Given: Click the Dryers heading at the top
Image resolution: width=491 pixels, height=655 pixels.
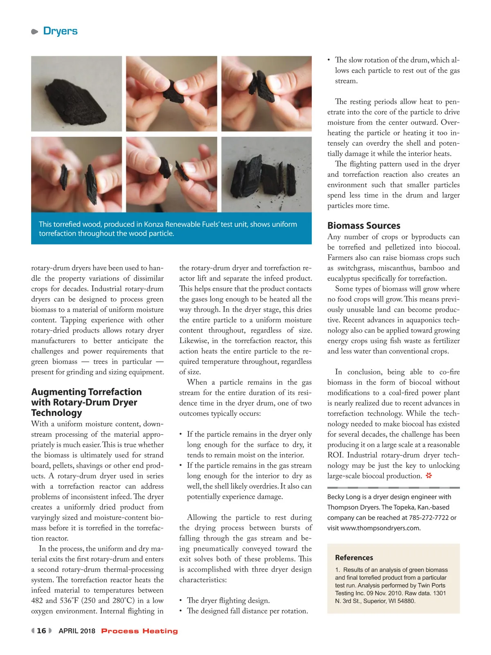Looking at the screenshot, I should pyautogui.click(x=60, y=31).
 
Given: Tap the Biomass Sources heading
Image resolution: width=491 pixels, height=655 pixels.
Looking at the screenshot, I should pyautogui.click(x=364, y=226).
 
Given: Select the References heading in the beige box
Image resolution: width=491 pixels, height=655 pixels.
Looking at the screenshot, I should pyautogui.click(x=354, y=558).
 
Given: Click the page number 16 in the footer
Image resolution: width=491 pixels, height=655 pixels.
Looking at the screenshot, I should pyautogui.click(x=41, y=631).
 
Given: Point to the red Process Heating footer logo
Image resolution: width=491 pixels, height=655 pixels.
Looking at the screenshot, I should pyautogui.click(x=140, y=631).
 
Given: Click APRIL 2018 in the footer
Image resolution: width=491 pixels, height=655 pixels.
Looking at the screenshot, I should pyautogui.click(x=77, y=631).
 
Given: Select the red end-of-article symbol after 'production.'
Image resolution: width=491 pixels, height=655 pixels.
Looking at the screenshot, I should pyautogui.click(x=429, y=476).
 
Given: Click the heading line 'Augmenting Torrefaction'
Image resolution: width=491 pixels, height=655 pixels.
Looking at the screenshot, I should pyautogui.click(x=86, y=392).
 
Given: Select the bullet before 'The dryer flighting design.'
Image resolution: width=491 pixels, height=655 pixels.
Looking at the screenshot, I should pyautogui.click(x=180, y=601).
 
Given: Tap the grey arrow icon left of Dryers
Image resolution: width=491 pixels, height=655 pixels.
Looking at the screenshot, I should pyautogui.click(x=35, y=32).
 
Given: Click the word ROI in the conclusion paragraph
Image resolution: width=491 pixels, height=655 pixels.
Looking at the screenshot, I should pyautogui.click(x=335, y=455).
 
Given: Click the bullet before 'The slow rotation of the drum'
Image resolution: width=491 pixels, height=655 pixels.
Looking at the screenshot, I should pyautogui.click(x=329, y=60).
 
